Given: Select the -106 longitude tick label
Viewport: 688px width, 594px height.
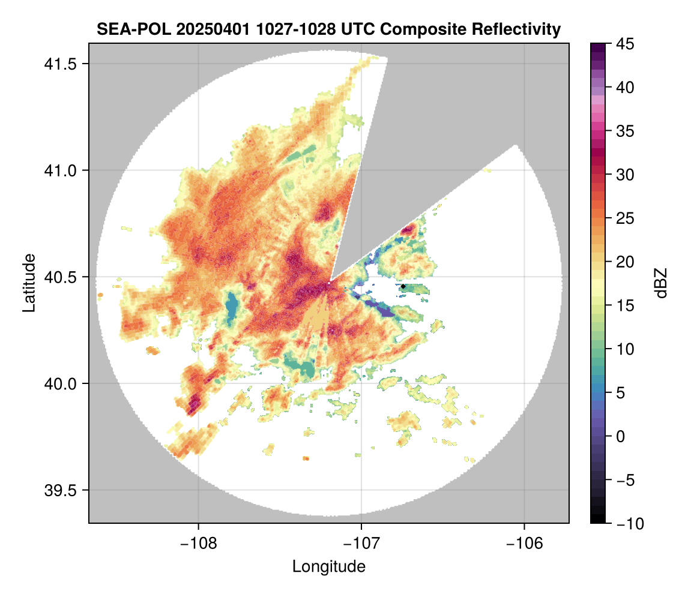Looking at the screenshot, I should (x=525, y=544).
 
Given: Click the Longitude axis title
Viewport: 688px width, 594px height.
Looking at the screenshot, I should (x=328, y=566).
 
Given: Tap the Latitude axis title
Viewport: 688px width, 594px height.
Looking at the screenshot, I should (x=28, y=283).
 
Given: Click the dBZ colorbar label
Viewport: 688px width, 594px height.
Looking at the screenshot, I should (x=661, y=283).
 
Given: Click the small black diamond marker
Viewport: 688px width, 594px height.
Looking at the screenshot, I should (x=403, y=287).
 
